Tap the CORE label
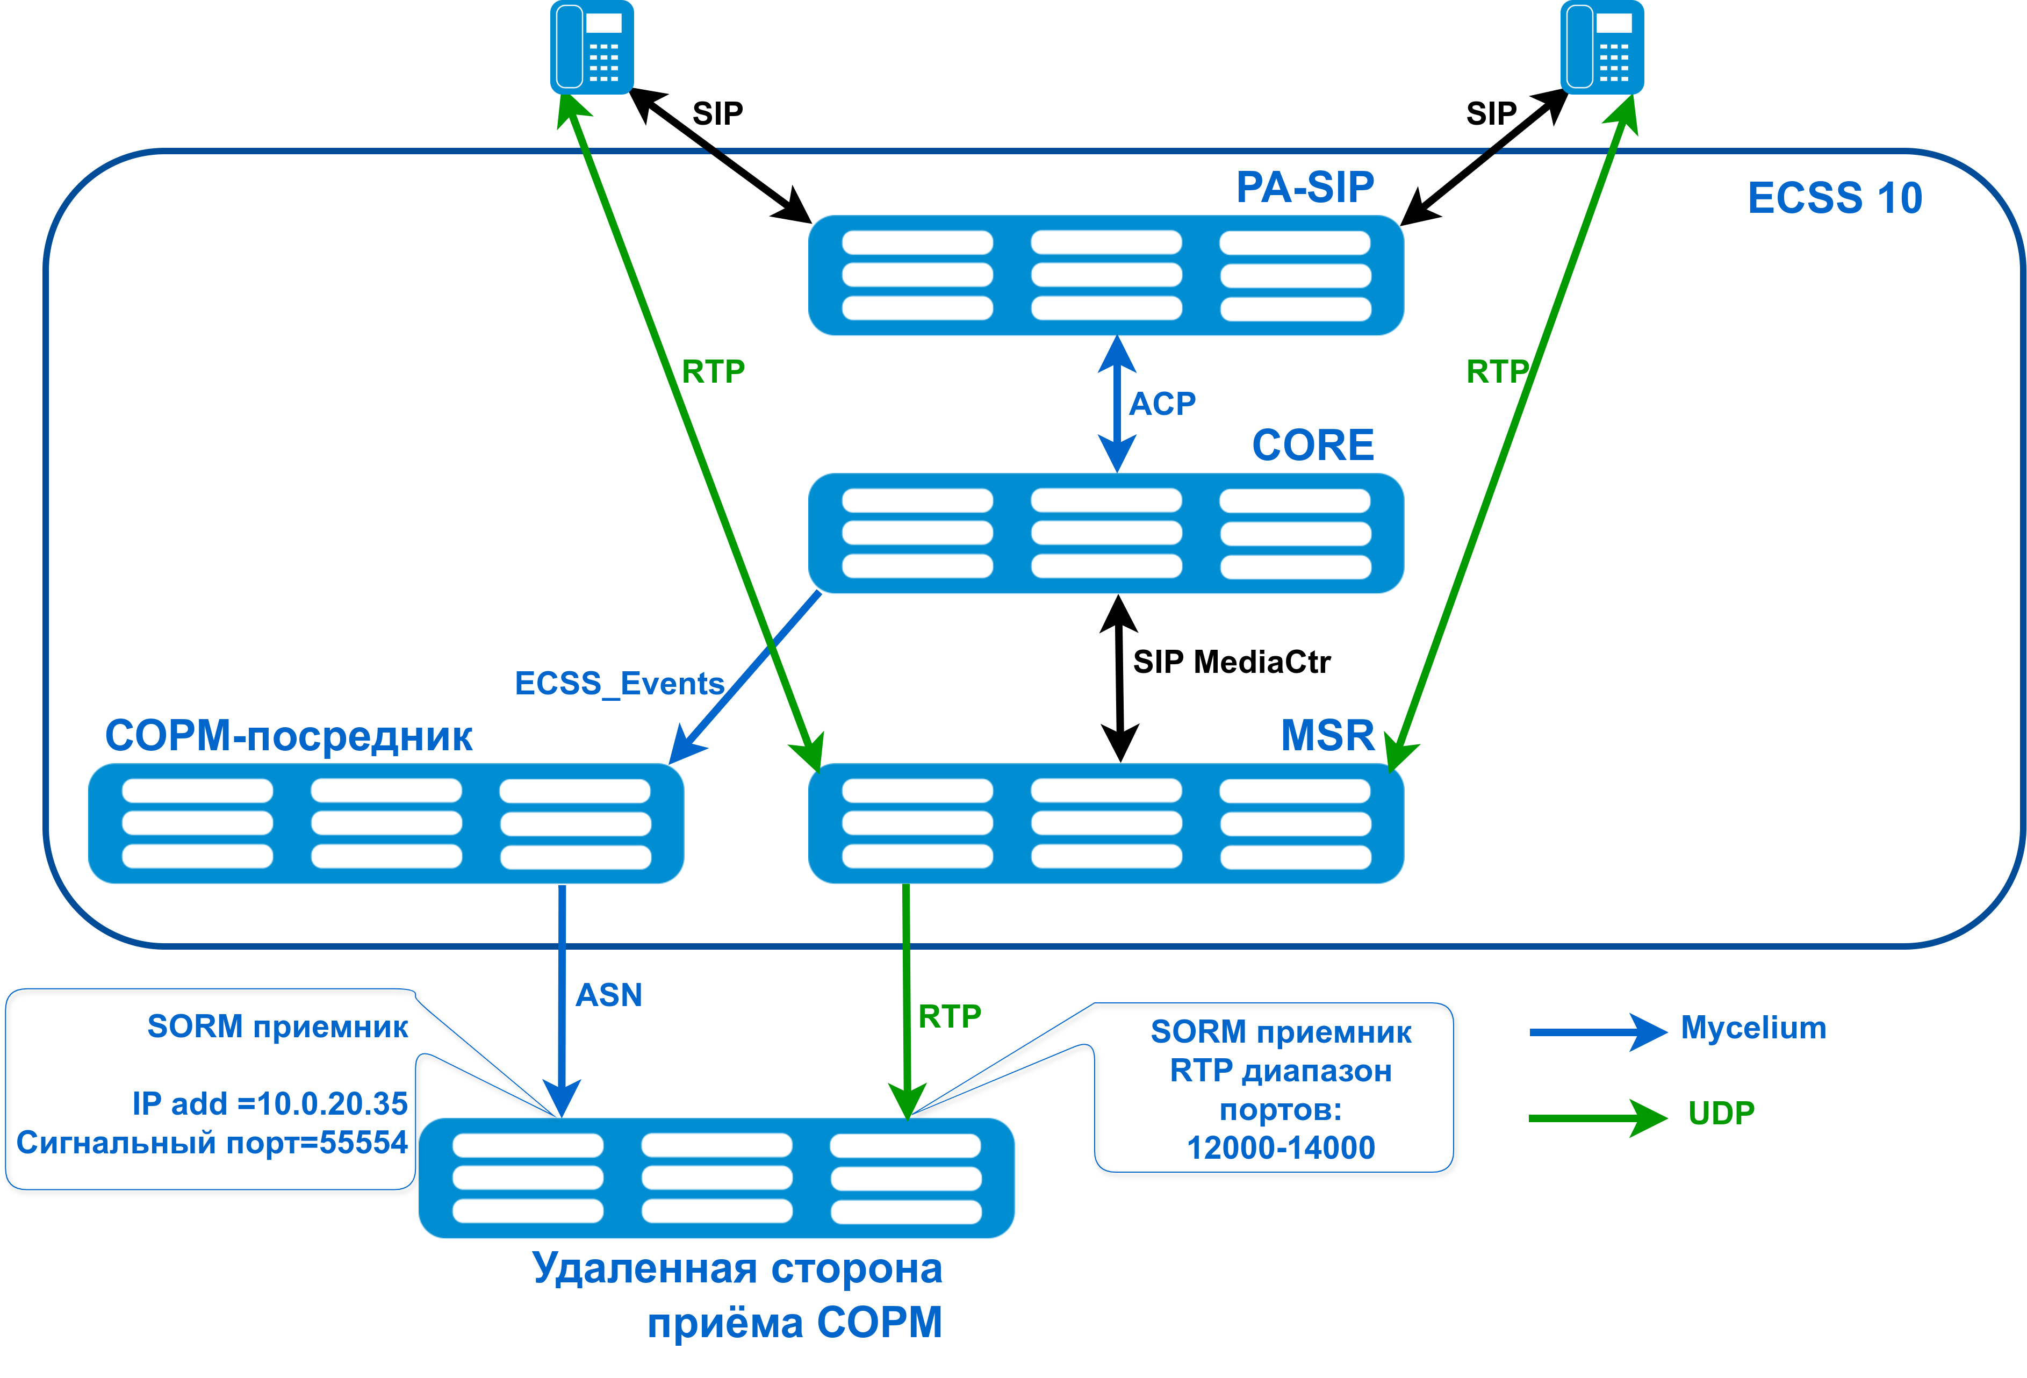tap(1313, 446)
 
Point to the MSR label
tap(1327, 735)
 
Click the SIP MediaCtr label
tap(1231, 662)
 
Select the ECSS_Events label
tap(619, 683)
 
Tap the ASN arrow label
tap(609, 995)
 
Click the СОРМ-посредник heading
tap(289, 736)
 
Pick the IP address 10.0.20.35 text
tap(270, 1103)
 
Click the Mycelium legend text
tap(1753, 1028)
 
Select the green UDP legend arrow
tap(1596, 1117)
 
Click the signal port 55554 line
tap(212, 1143)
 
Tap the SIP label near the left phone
tap(717, 113)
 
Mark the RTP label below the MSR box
tap(949, 1017)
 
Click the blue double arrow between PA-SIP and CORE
tap(1117, 404)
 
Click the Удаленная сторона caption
tap(737, 1268)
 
